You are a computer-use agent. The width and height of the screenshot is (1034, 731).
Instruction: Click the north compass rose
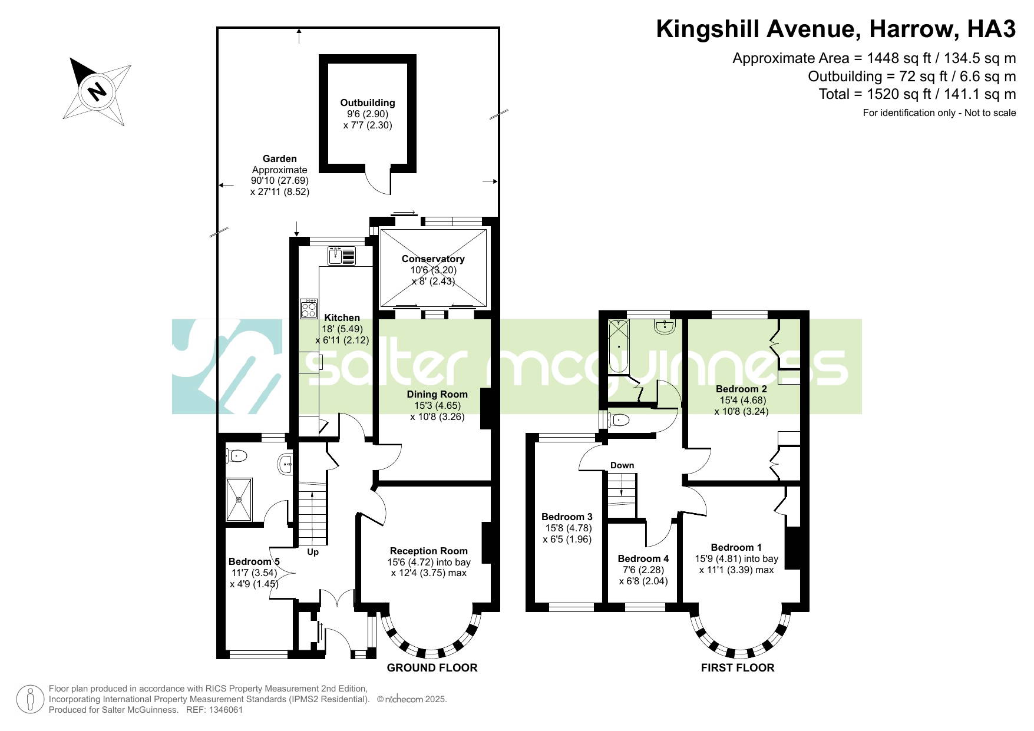(97, 91)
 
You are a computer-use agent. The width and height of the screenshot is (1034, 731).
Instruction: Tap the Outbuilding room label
(368, 102)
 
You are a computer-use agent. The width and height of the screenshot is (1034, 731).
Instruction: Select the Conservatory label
(433, 259)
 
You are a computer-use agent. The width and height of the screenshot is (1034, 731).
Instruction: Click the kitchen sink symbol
(342, 256)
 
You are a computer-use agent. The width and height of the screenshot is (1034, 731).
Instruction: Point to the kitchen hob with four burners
(309, 309)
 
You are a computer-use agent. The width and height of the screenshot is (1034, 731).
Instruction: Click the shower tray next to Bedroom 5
(239, 499)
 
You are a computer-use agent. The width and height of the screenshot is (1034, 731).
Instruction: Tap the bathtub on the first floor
(619, 346)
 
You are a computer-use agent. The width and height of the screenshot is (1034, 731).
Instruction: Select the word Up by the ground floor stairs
(313, 552)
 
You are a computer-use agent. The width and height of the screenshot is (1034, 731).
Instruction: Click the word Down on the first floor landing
(622, 465)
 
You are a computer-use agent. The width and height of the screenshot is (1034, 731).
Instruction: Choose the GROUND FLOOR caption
(432, 667)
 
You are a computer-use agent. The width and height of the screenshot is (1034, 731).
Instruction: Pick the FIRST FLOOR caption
(738, 667)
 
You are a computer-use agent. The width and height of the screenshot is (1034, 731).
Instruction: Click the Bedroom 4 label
(643, 558)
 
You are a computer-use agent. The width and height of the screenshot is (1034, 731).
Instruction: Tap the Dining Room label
(437, 394)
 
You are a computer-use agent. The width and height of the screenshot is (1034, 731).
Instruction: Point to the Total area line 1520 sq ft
(917, 94)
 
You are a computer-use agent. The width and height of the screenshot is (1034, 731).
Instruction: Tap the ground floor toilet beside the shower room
(236, 455)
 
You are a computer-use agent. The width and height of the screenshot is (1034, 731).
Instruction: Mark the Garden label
(280, 158)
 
